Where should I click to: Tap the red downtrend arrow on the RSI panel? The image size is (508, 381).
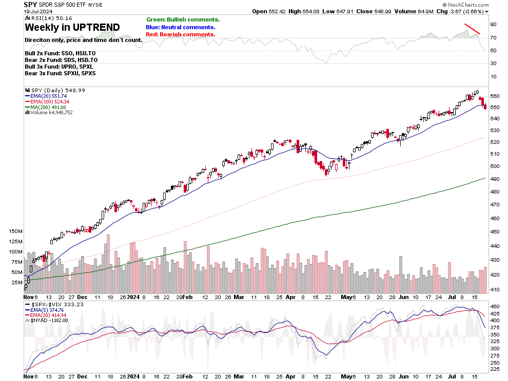472,29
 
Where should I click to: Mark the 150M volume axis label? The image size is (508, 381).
16,231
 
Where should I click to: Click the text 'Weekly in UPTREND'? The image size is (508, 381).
72,27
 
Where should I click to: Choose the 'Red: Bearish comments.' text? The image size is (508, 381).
180,34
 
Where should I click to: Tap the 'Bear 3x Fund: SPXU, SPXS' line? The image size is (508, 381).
60,73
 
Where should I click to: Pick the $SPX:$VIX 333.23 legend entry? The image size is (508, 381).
57,304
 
